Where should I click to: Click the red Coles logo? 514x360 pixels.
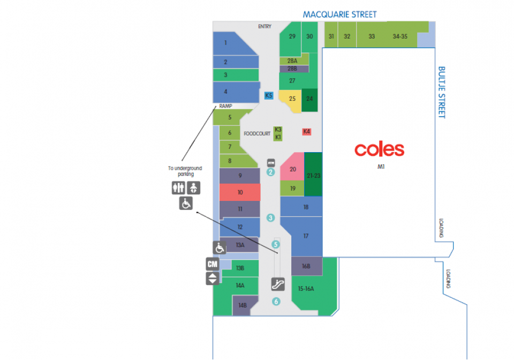(379, 150)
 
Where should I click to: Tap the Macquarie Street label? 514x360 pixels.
(339, 14)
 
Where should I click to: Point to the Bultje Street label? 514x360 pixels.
(442, 92)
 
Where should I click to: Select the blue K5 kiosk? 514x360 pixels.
(269, 95)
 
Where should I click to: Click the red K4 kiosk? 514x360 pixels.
(306, 131)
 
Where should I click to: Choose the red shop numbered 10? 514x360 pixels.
(240, 192)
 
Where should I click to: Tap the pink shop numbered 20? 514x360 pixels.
(292, 167)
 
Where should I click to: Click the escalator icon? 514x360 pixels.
(278, 284)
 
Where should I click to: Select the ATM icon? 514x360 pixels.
(271, 163)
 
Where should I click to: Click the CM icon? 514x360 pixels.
(213, 264)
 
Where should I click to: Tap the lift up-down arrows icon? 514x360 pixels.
(213, 279)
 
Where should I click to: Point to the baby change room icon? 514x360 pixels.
(193, 188)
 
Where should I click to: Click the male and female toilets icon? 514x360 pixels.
(179, 188)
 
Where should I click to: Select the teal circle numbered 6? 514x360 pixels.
(276, 301)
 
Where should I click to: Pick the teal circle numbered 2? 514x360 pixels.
(270, 172)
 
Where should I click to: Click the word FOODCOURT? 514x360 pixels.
(257, 133)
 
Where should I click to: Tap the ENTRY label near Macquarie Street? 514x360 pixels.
(264, 27)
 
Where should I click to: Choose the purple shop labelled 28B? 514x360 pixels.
(294, 69)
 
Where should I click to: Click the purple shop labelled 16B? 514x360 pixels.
(306, 266)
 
